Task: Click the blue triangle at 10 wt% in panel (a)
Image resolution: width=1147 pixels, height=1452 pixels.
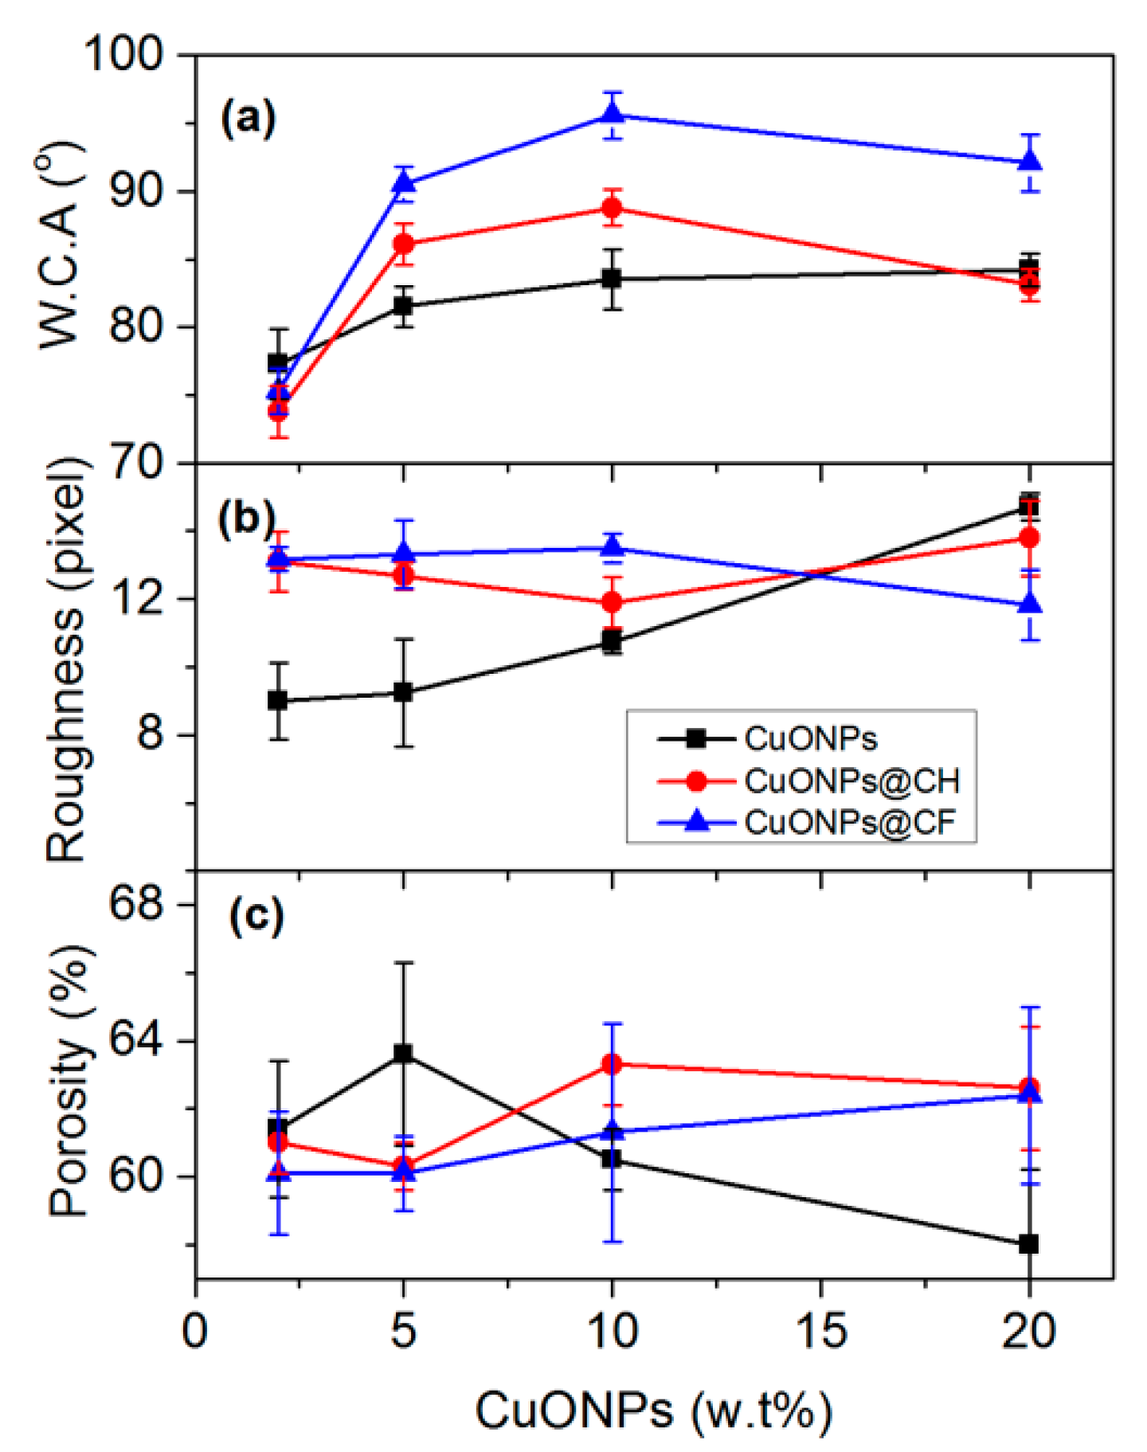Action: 612,114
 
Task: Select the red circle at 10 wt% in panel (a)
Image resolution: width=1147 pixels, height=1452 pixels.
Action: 612,209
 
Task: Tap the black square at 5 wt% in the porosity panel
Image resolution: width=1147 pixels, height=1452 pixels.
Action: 404,1053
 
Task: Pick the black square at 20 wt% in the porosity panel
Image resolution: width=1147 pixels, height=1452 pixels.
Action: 1029,1243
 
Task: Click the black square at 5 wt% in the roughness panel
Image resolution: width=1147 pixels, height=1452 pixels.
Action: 404,692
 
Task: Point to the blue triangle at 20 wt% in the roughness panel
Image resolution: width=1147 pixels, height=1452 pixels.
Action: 1030,604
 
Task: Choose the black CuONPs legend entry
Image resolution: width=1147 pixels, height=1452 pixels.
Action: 810,738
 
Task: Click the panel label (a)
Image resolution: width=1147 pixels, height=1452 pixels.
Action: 248,118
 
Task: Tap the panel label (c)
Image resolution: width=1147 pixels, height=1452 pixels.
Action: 256,915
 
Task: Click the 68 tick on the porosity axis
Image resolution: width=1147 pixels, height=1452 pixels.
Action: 135,904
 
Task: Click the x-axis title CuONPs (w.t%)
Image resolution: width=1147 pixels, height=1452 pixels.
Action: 653,1411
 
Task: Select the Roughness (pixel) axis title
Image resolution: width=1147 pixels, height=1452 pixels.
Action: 66,661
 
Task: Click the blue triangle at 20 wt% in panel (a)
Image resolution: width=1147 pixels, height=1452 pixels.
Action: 1030,161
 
